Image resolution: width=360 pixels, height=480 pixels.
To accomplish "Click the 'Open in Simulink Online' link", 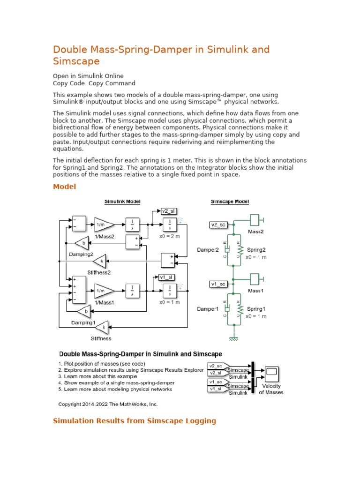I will [88, 76].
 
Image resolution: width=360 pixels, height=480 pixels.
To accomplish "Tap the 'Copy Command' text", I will [112, 83].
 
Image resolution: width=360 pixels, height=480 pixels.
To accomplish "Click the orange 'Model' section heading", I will [64, 187].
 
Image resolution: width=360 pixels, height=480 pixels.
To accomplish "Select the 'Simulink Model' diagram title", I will [122, 202].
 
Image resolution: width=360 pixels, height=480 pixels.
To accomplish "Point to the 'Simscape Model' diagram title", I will [230, 202].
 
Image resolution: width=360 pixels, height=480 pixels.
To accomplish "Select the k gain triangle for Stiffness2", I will [101, 260].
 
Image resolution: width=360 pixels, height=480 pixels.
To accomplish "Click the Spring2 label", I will [256, 250].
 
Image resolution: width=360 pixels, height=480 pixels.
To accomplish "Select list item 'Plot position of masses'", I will [105, 363].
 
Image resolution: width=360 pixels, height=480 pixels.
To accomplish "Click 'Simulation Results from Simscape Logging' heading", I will [135, 421].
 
